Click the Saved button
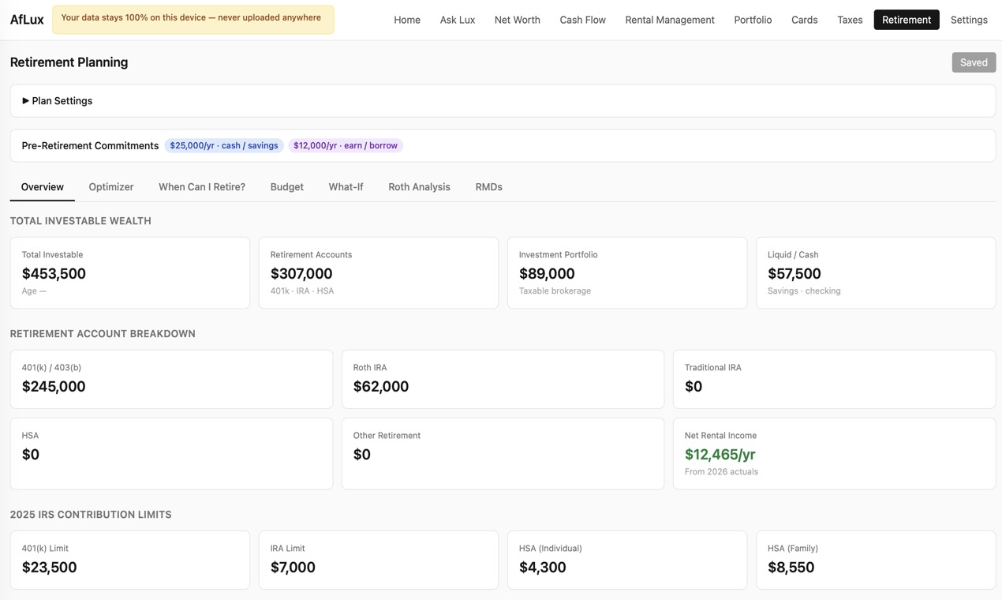(974, 62)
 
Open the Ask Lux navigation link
(457, 20)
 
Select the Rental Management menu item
(670, 20)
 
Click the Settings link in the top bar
(969, 20)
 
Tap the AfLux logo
(27, 20)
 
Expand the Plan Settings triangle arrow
(25, 101)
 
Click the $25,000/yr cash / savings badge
(223, 145)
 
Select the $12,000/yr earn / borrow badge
(346, 145)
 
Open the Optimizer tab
(111, 187)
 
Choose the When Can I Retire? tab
(202, 187)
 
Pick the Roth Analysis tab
(419, 187)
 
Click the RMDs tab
(488, 187)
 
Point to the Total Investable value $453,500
(54, 274)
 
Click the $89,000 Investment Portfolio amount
(547, 274)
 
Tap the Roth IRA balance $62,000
(380, 386)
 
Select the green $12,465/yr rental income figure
(720, 455)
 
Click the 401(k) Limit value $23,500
(49, 568)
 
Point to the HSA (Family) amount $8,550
(791, 568)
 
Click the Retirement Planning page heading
(69, 62)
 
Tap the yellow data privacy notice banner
(193, 20)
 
